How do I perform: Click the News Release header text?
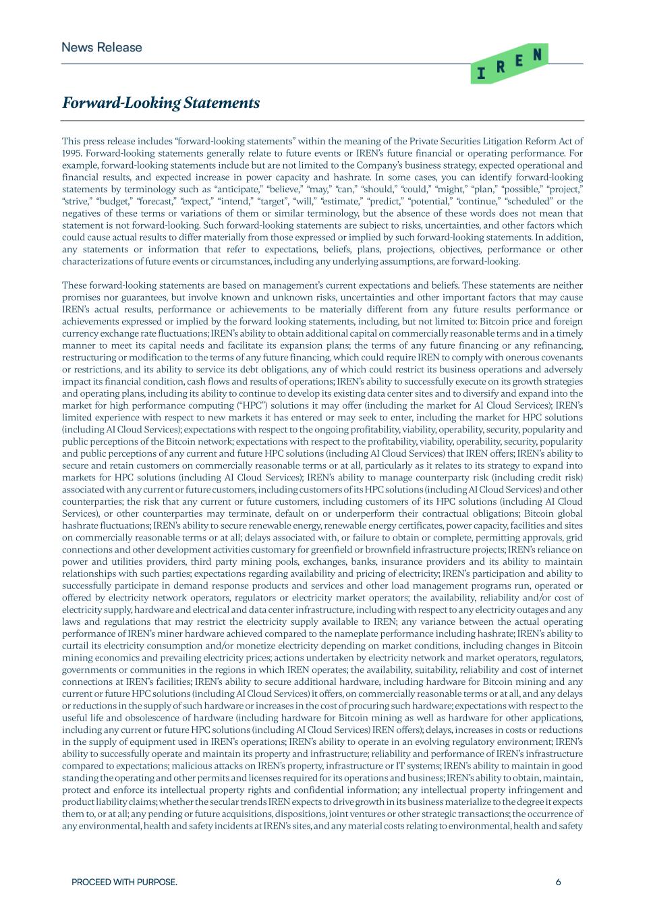[x=102, y=47]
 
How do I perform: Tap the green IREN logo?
[x=509, y=64]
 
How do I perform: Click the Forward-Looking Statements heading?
[x=161, y=103]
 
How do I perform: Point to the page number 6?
[x=559, y=882]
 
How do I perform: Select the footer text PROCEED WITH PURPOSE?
[x=124, y=882]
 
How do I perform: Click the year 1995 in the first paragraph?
[x=72, y=153]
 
